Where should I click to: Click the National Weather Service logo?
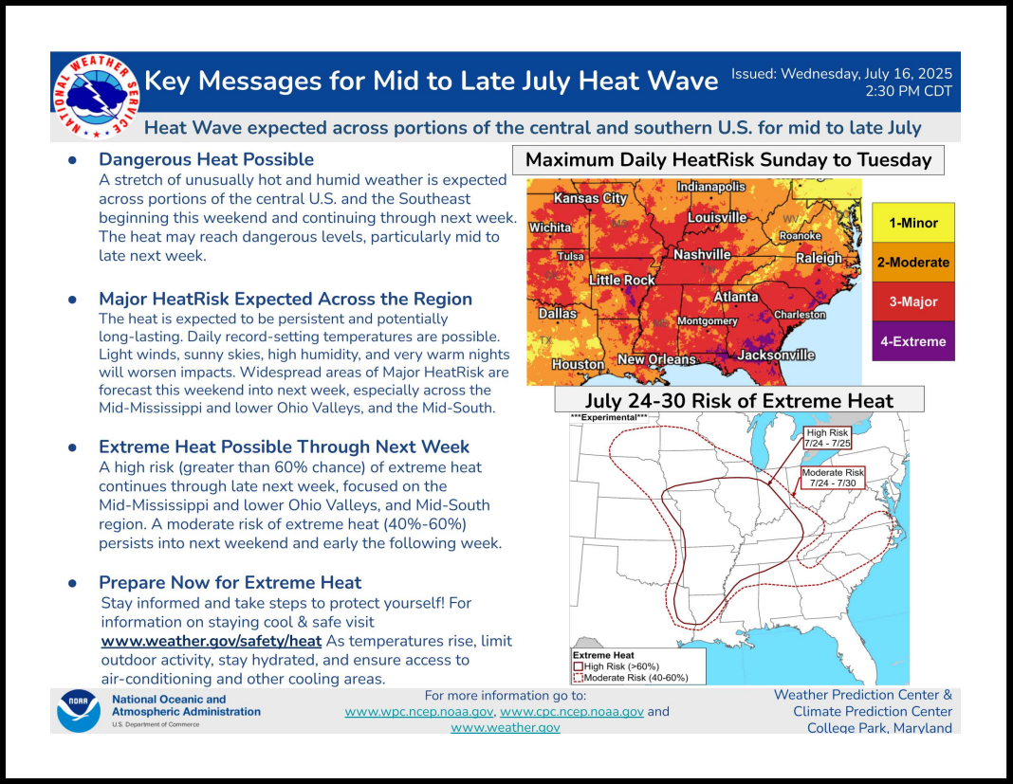pyautogui.click(x=96, y=97)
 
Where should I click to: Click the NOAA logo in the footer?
pyautogui.click(x=78, y=710)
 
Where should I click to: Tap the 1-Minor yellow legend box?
pyautogui.click(x=912, y=223)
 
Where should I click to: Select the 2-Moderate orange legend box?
pyautogui.click(x=912, y=263)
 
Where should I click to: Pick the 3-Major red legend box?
pyautogui.click(x=912, y=301)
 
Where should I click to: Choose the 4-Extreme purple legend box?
pyautogui.click(x=912, y=341)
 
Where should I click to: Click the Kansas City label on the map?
pyautogui.click(x=590, y=198)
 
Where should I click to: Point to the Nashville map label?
pyautogui.click(x=702, y=254)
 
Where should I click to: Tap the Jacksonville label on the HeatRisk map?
pyautogui.click(x=776, y=356)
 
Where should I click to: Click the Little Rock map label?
pyautogui.click(x=622, y=280)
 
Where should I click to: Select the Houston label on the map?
pyautogui.click(x=579, y=364)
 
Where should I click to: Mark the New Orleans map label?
pyautogui.click(x=657, y=359)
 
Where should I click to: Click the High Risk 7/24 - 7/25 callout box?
pyautogui.click(x=828, y=438)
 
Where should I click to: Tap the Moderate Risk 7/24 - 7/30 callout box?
pyautogui.click(x=833, y=477)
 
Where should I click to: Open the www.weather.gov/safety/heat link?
pyautogui.click(x=212, y=641)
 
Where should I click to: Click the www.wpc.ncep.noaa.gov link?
pyautogui.click(x=419, y=712)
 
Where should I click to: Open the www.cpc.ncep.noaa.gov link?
pyautogui.click(x=572, y=712)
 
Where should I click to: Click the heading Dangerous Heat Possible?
pyautogui.click(x=206, y=159)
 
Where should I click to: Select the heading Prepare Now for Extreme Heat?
pyautogui.click(x=230, y=582)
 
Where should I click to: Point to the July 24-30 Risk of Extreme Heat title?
pyautogui.click(x=739, y=400)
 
